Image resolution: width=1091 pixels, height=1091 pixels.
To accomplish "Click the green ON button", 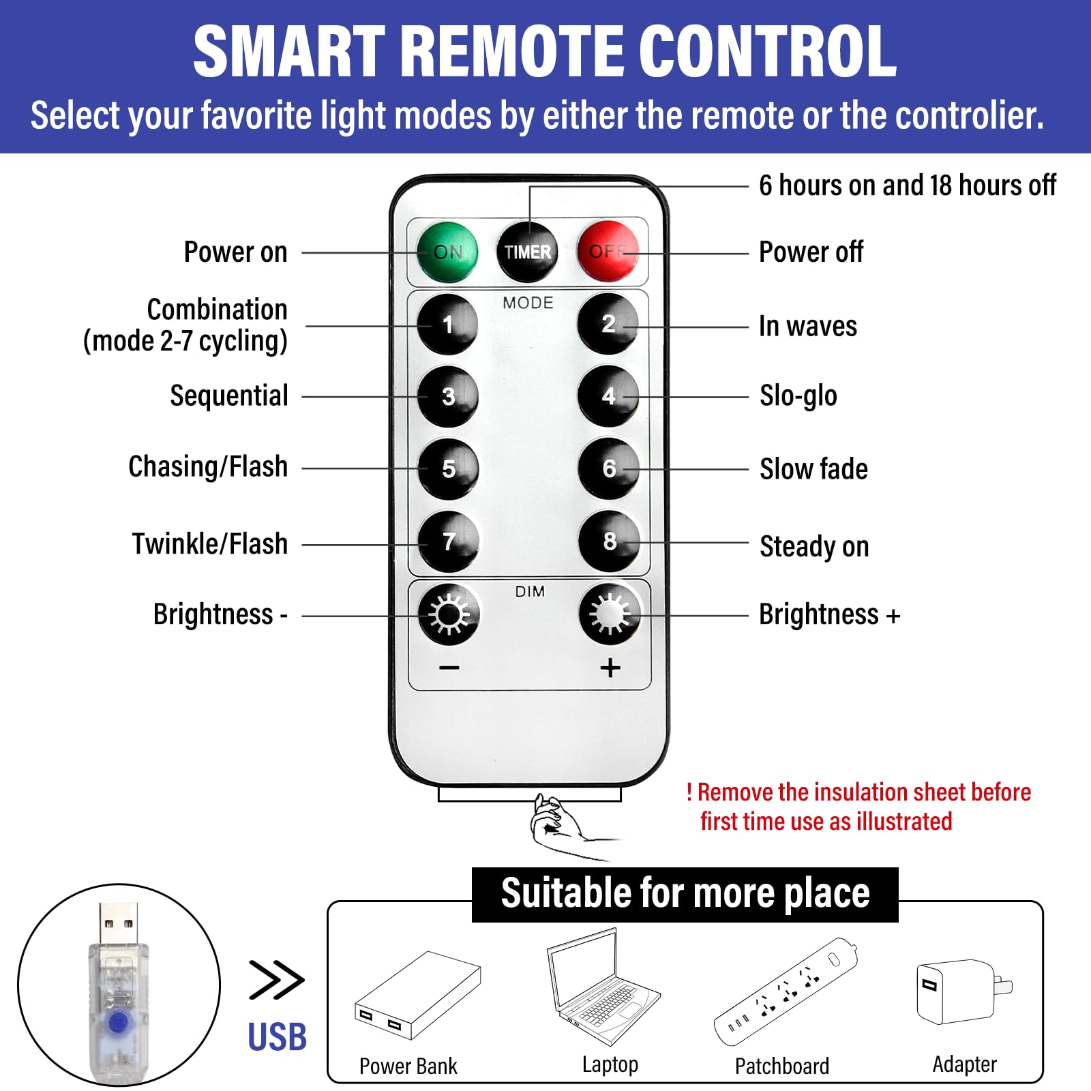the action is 447,252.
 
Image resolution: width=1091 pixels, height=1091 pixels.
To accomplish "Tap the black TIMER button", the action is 527,252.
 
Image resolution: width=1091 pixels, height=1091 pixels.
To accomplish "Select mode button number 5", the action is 448,469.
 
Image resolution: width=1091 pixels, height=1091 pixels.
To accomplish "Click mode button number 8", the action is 609,541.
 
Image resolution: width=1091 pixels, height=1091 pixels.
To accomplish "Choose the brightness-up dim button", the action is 610,614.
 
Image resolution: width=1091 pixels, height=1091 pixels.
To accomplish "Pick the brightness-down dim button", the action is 449,614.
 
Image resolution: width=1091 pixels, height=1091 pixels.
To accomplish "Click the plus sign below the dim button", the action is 610,668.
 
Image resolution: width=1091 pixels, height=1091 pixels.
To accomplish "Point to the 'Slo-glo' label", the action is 798,396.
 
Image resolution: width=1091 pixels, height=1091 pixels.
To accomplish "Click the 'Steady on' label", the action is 814,546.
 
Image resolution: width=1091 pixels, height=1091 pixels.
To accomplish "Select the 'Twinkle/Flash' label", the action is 210,544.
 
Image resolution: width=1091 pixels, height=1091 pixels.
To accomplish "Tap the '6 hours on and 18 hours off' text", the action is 908,185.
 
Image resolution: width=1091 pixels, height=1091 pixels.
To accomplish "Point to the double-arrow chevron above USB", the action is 276,980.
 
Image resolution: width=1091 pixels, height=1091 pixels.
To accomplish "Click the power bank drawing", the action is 417,996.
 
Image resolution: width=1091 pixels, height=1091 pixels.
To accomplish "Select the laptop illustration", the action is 603,986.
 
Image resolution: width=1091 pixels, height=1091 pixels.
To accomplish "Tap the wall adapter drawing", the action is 964,991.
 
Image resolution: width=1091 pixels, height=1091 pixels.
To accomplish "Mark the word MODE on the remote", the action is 528,303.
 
